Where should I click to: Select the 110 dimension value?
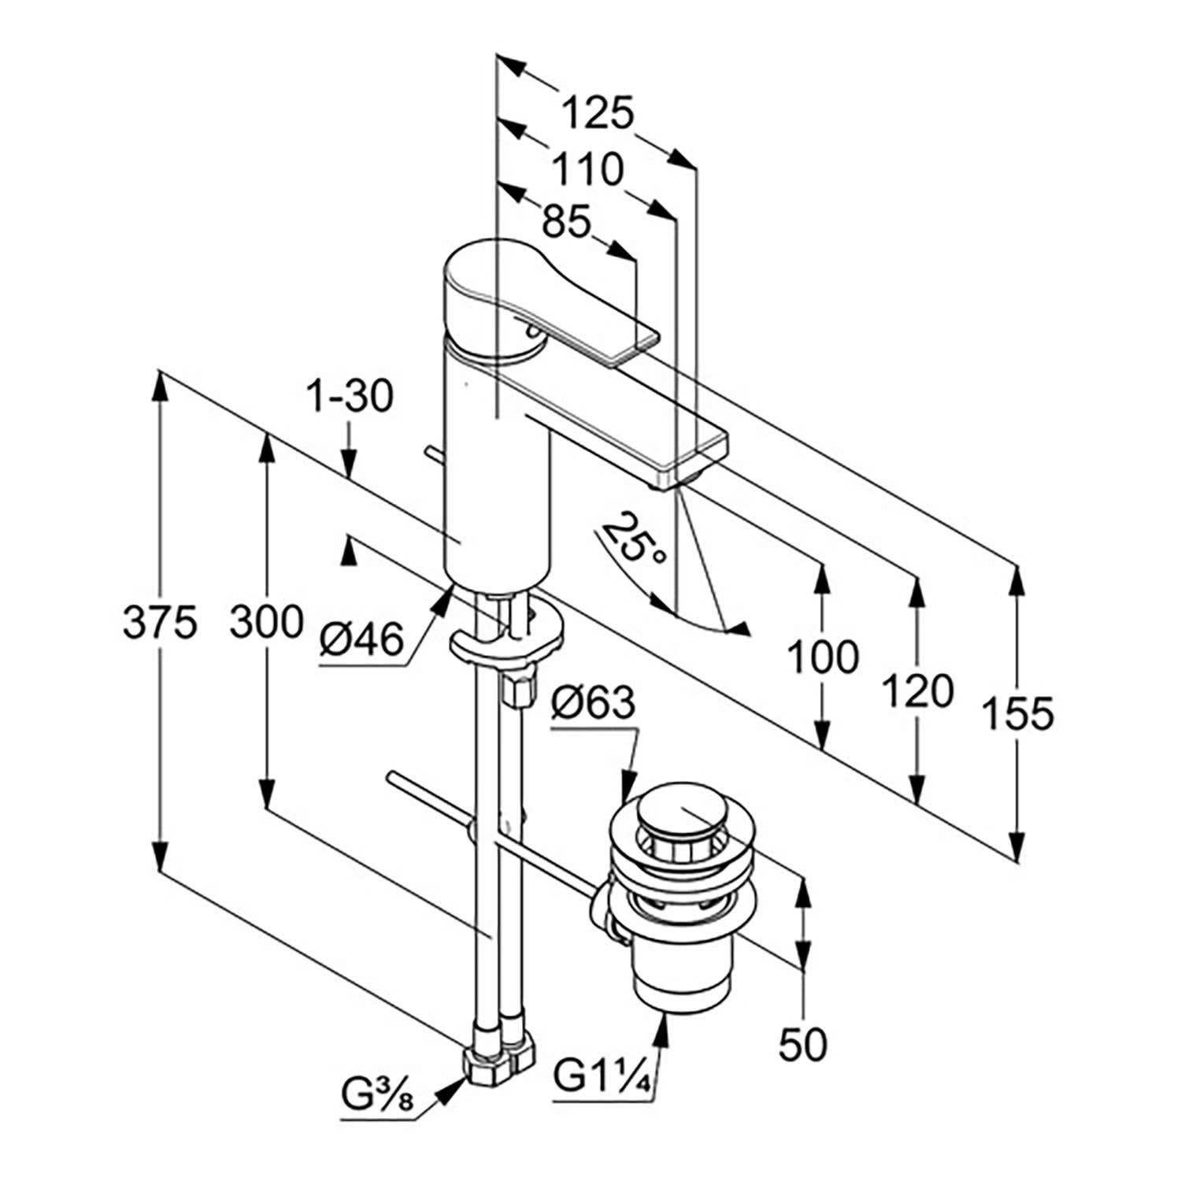[x=587, y=169]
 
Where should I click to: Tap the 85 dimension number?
[x=566, y=224]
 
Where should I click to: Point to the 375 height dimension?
[x=159, y=624]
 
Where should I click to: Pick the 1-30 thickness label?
[x=349, y=398]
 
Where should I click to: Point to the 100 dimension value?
[x=823, y=657]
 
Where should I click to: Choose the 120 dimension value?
[x=917, y=692]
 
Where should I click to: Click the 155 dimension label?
[x=1017, y=713]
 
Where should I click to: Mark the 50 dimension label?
[x=802, y=1044]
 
